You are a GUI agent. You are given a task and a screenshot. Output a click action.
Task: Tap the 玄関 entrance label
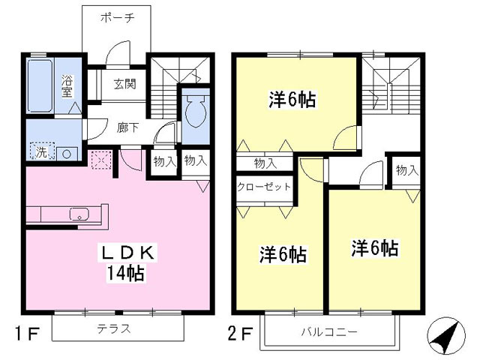(x=125, y=84)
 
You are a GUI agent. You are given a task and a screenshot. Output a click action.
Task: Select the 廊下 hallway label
(x=127, y=127)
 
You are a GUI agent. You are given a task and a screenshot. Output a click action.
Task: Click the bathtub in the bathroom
(x=41, y=86)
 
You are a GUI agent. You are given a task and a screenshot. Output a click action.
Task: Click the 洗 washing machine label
(x=42, y=154)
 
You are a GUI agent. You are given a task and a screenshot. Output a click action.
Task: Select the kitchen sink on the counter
(x=79, y=214)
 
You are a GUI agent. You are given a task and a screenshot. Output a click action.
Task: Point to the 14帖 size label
(x=124, y=273)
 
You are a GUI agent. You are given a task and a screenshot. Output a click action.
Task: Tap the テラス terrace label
(x=114, y=328)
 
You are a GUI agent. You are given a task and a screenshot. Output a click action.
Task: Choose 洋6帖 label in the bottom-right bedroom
(x=375, y=248)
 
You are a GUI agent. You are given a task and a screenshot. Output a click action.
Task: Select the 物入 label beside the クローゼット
(x=264, y=162)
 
